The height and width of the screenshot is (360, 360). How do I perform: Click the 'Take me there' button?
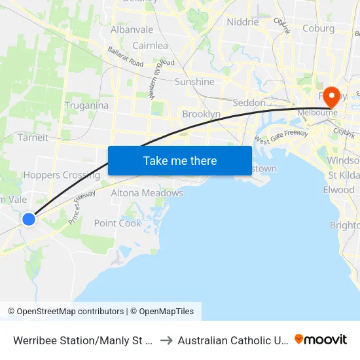(180, 160)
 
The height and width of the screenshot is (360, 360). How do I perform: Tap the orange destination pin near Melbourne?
(331, 97)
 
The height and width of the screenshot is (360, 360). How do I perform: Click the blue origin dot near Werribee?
(29, 219)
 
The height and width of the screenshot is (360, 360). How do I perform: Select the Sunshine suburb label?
(194, 82)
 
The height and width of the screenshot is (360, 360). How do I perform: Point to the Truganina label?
(86, 105)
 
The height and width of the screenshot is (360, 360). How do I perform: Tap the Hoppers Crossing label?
(62, 175)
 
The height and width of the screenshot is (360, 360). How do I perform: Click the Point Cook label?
(117, 223)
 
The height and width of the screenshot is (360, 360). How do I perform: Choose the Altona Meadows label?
(147, 193)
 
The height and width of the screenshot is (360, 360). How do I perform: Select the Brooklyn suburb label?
(201, 114)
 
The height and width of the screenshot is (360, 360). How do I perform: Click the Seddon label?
(249, 103)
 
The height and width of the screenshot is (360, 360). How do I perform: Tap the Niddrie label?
(242, 22)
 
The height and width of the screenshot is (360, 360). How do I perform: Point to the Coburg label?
(318, 28)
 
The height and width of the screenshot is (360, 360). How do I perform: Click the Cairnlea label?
(150, 46)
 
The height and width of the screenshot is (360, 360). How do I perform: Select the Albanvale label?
(132, 29)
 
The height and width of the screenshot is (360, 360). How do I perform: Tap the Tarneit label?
(33, 137)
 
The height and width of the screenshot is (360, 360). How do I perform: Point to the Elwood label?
(338, 190)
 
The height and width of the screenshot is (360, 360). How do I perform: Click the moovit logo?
(321, 339)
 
